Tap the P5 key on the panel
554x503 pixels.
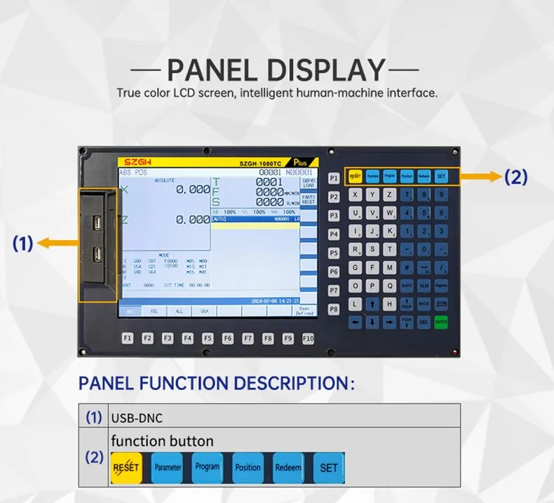tap(334, 252)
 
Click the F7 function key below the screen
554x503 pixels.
tap(248, 338)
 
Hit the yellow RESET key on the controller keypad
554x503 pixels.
tap(355, 176)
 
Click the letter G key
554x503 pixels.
tap(356, 267)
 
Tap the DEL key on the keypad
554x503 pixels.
tap(424, 322)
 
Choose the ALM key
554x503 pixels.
tap(424, 286)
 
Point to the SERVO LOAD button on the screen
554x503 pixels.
tap(309, 183)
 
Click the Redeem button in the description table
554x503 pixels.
tap(288, 467)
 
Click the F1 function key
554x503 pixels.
tap(128, 338)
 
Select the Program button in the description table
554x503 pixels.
tap(208, 467)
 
